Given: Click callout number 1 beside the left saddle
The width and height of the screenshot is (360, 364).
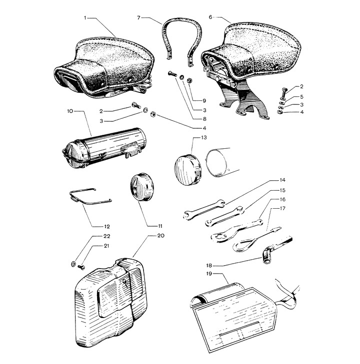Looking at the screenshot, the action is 85,18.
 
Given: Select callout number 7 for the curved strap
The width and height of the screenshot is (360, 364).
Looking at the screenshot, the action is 138,17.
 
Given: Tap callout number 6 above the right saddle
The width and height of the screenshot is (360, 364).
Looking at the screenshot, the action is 210,17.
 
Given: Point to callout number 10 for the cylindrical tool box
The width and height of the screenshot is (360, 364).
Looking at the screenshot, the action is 70,111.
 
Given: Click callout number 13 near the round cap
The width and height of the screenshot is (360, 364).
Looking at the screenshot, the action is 203,138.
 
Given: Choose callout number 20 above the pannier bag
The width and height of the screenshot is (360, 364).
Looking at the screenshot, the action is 160,236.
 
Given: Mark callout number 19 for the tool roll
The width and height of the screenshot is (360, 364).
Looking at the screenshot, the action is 209,274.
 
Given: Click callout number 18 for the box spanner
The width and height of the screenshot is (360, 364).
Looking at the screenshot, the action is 209,265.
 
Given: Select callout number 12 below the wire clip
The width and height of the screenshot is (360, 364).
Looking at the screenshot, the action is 106,227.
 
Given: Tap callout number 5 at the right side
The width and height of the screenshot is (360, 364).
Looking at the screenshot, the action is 301,96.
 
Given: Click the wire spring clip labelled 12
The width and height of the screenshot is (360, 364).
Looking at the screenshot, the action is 90,197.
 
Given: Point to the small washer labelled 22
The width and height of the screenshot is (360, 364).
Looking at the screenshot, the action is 73,264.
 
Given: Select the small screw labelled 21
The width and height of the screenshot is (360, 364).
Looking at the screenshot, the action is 81,268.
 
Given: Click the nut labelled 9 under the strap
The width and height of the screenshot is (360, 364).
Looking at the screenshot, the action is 189,80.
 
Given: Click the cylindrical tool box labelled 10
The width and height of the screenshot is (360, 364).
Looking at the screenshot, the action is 104,148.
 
